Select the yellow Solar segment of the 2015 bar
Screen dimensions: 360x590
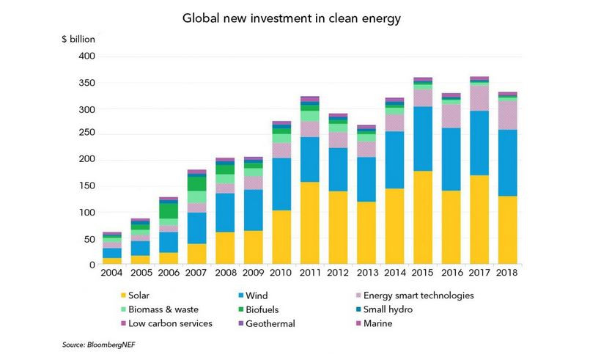pos(422,218)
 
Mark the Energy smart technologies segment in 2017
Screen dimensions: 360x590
pos(479,98)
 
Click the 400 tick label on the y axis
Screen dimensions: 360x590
pos(85,56)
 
